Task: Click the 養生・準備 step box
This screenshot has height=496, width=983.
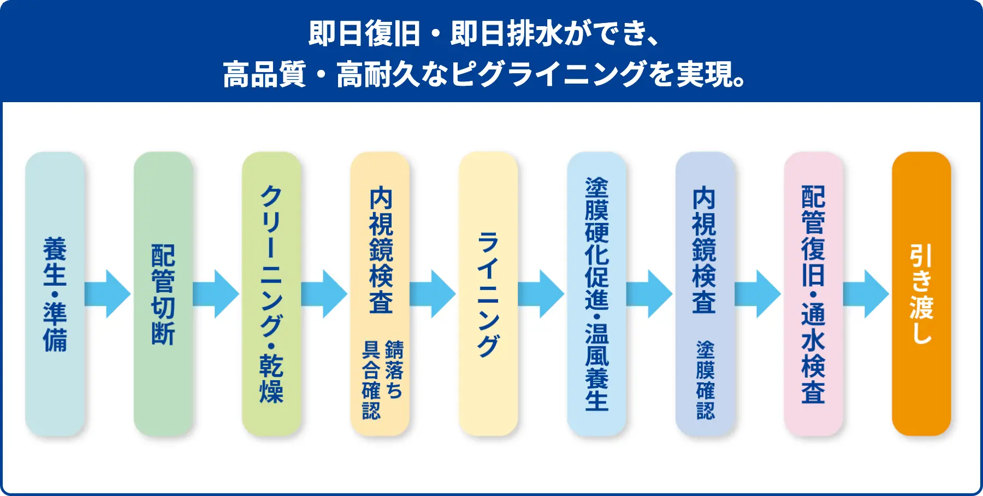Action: tap(55, 294)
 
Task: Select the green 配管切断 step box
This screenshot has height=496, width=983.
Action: tap(163, 294)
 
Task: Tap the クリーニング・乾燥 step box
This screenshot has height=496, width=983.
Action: tap(271, 294)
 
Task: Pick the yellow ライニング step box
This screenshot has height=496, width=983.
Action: tap(488, 294)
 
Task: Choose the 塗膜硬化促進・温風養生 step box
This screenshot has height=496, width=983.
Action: tap(596, 294)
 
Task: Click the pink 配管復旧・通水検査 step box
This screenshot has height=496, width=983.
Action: tap(813, 294)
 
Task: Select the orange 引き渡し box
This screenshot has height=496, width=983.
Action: tap(921, 294)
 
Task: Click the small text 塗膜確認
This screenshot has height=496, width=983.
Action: tap(705, 380)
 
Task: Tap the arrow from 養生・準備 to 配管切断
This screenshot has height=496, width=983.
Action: tap(108, 294)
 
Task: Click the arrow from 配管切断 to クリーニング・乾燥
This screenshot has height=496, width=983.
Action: tap(216, 294)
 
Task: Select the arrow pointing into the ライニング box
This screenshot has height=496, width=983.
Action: tap(433, 294)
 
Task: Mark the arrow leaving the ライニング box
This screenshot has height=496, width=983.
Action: tap(541, 294)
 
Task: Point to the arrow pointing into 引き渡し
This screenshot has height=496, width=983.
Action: tap(866, 294)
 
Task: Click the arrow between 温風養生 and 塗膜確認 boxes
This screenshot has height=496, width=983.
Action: tap(649, 294)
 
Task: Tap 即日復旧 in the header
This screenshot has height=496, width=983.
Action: tap(364, 34)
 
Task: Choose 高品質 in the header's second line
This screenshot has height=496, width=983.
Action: tap(264, 74)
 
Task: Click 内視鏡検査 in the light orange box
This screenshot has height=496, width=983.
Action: tap(381, 250)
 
